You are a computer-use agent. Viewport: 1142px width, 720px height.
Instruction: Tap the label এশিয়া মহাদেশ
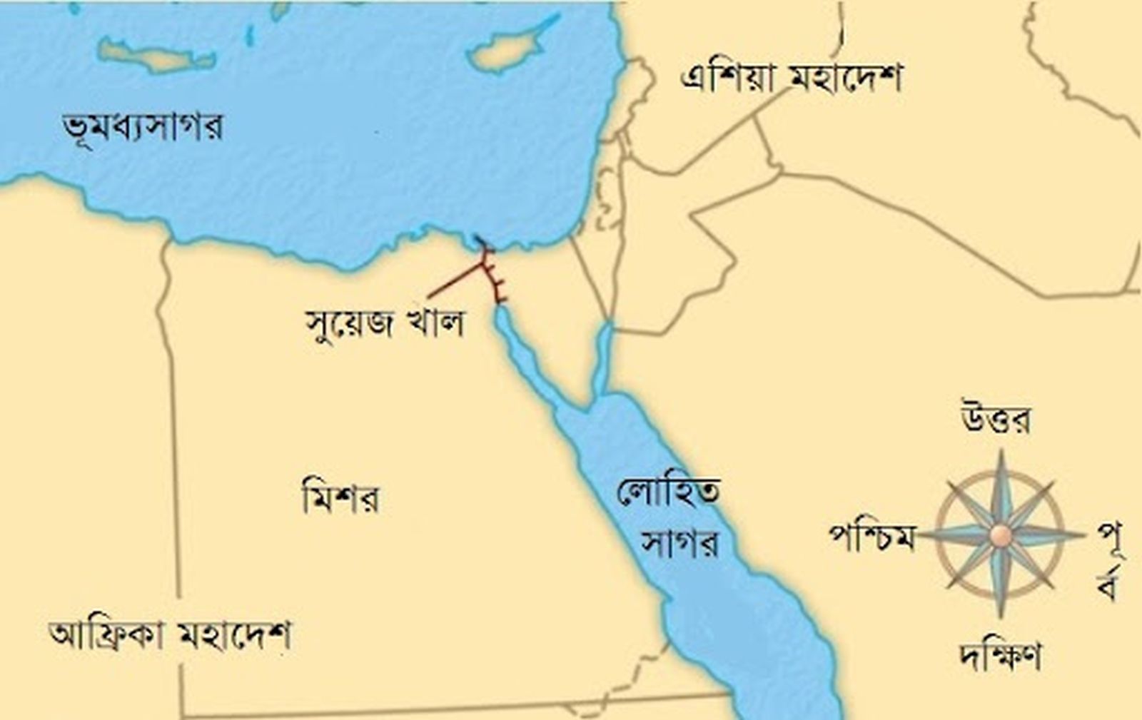point(791,77)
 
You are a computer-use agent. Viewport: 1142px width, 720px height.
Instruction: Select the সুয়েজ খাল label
point(385,323)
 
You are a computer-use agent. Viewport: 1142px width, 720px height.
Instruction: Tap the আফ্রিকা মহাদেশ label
point(170,634)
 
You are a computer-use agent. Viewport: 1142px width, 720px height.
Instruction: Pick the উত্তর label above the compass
point(996,419)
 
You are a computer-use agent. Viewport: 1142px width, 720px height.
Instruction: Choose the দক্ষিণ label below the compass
point(999,655)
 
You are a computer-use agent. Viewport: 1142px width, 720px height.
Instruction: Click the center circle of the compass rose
point(1001,534)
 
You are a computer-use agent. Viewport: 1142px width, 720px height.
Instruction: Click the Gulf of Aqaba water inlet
point(602,357)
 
